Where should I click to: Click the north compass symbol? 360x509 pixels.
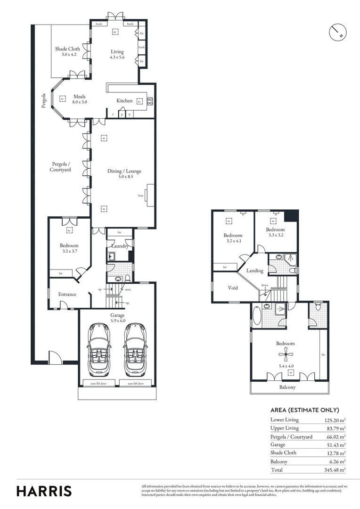(x=338, y=33)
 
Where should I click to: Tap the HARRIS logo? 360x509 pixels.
(x=44, y=491)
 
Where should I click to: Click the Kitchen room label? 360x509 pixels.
(x=124, y=101)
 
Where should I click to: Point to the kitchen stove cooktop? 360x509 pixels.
(x=150, y=101)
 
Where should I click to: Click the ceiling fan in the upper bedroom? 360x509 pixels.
(x=285, y=356)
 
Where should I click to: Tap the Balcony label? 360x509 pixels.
(x=287, y=387)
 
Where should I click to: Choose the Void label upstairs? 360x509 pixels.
(x=233, y=288)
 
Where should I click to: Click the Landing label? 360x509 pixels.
(x=255, y=271)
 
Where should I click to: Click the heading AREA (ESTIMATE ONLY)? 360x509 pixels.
(x=304, y=410)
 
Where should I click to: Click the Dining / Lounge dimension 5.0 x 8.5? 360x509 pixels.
(x=124, y=177)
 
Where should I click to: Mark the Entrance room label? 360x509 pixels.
(x=67, y=294)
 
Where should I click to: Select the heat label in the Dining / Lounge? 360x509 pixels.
(x=140, y=195)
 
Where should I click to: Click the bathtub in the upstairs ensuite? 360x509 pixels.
(x=257, y=316)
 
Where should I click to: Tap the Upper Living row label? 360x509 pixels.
(x=285, y=428)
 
